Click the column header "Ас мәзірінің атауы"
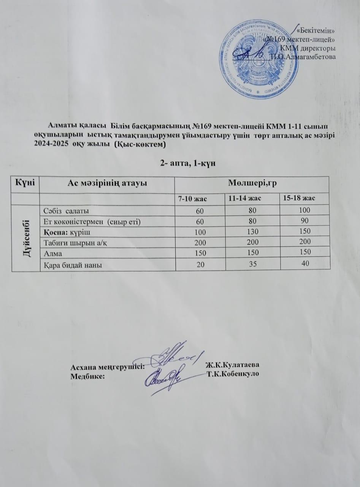[x=107, y=183]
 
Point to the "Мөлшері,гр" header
[x=251, y=183]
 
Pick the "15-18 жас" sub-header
[x=304, y=198]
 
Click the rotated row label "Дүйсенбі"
[x=25, y=238]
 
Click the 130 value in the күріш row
[x=252, y=231]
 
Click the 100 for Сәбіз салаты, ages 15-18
[x=304, y=210]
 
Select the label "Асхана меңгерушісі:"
[x=108, y=367]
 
